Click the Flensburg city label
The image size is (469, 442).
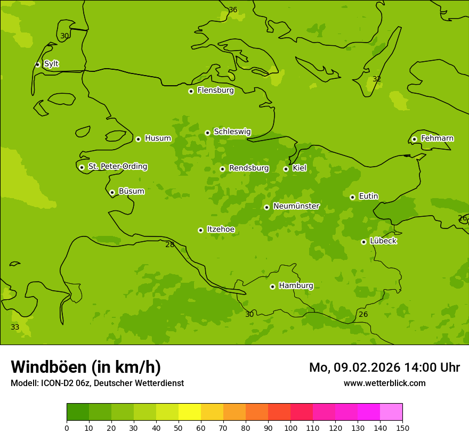click(x=215, y=91)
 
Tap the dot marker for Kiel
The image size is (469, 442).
click(x=286, y=169)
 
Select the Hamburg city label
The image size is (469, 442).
click(x=296, y=286)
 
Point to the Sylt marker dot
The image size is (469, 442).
click(x=37, y=64)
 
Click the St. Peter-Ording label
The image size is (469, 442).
click(x=117, y=167)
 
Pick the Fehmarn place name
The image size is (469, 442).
click(x=437, y=138)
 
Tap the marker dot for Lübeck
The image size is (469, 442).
click(x=363, y=242)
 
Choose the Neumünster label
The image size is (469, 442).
click(x=296, y=206)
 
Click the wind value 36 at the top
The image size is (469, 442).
click(x=233, y=10)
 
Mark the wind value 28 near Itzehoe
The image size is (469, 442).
click(x=169, y=244)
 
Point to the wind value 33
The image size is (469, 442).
click(x=15, y=327)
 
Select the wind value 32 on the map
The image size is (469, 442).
click(x=377, y=79)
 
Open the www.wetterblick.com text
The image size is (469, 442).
click(x=384, y=383)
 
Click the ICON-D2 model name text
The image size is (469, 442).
click(x=60, y=383)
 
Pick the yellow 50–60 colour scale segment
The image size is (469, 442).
click(x=190, y=412)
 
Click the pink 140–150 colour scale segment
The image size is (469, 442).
click(x=391, y=412)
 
